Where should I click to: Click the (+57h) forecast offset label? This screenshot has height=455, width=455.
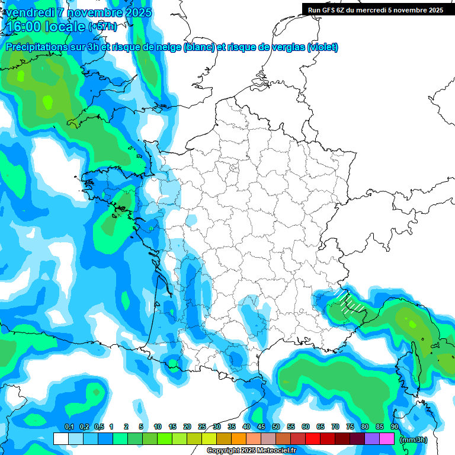click(102, 27)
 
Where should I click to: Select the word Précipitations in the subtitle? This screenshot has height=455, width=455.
click(35, 47)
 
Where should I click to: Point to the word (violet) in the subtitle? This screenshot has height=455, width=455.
click(323, 47)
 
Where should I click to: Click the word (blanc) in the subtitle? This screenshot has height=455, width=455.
click(199, 47)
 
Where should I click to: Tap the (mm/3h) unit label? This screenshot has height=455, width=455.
click(414, 440)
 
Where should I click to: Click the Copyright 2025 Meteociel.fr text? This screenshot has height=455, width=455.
click(251, 451)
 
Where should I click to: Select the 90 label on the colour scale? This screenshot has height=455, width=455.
click(395, 427)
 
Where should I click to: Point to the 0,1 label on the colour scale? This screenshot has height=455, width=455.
click(69, 427)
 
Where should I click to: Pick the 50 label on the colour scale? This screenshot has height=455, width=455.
click(276, 427)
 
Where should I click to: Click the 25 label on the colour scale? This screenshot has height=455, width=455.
click(202, 427)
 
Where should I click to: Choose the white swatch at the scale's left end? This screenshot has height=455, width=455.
click(60, 438)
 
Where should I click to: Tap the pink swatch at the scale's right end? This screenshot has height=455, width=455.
click(387, 438)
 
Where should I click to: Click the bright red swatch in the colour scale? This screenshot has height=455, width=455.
click(313, 438)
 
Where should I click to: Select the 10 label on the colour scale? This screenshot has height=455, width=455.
click(158, 427)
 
